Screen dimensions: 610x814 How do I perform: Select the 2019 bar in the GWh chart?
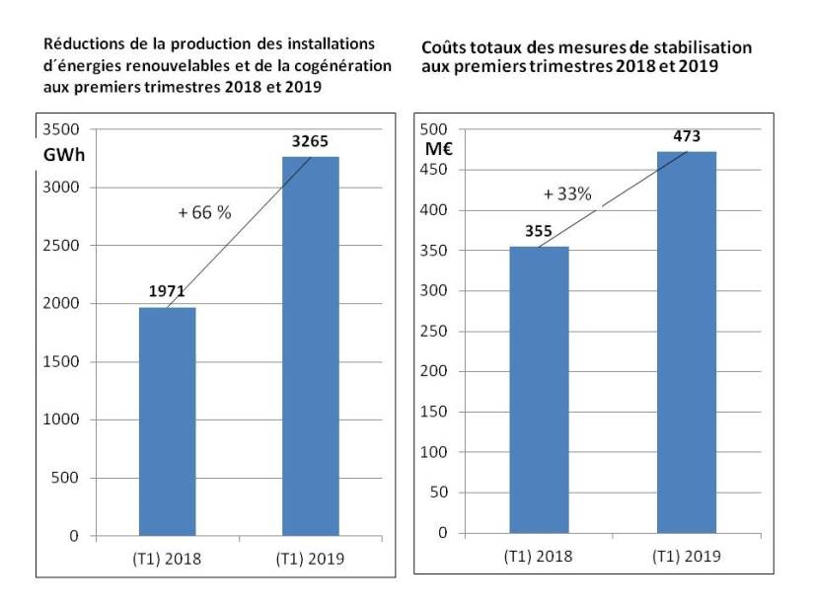(x=310, y=346)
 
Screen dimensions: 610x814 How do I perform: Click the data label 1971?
(x=167, y=292)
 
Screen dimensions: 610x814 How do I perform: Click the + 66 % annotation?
(x=204, y=212)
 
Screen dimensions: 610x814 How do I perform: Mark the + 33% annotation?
(x=567, y=193)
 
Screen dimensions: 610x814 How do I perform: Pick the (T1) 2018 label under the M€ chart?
(x=539, y=556)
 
